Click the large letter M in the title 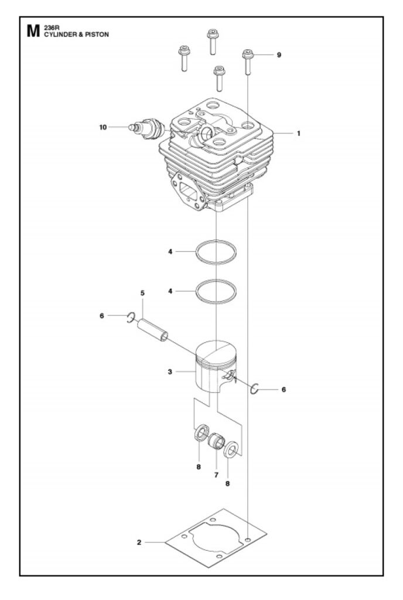[33, 31]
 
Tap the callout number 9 [279, 55]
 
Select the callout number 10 [103, 127]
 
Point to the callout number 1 [299, 134]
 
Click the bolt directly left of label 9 [248, 62]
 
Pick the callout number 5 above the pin [142, 293]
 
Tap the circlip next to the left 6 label [131, 317]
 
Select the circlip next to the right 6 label [255, 388]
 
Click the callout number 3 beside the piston [170, 371]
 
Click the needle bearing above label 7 [216, 442]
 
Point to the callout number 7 [216, 475]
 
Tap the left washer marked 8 [201, 432]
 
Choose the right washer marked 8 [231, 450]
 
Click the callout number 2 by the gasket [139, 542]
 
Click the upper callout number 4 [170, 251]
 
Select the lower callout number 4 [170, 291]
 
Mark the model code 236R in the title [50, 28]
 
